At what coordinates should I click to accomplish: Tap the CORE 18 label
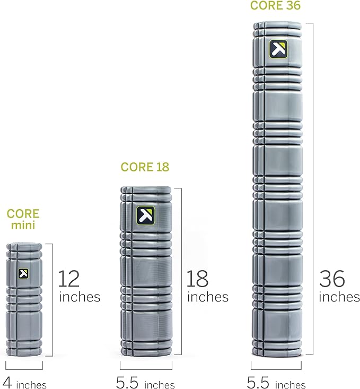(145, 167)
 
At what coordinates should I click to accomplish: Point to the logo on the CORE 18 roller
(145, 215)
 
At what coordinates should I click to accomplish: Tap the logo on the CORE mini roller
(23, 274)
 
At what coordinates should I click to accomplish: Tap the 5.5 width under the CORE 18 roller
(128, 382)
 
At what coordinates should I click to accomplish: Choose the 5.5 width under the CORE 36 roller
(258, 382)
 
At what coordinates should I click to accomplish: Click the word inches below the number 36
(339, 297)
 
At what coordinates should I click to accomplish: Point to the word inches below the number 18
(207, 297)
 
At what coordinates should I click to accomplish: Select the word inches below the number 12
(80, 297)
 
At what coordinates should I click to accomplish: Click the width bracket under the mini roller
(24, 367)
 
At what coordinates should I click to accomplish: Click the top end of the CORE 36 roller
(277, 24)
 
